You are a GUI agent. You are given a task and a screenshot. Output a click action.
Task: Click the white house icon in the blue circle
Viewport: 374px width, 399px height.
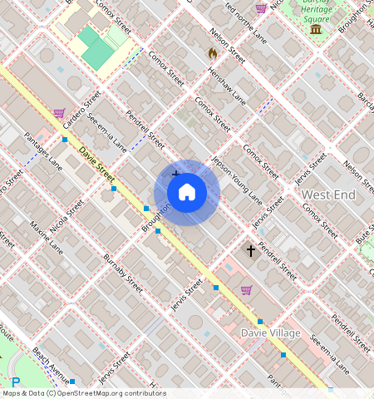pos(187,192)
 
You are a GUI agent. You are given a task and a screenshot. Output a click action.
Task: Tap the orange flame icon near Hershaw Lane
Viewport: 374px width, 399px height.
pos(212,53)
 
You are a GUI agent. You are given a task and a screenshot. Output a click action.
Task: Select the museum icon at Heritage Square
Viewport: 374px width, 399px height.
pos(316,30)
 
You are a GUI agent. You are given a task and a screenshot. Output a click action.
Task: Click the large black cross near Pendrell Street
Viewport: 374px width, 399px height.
pos(250,250)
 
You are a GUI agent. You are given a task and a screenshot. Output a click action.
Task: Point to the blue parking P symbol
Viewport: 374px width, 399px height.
pos(15,382)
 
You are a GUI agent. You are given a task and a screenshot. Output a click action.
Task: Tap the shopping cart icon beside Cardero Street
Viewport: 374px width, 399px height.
pos(59,113)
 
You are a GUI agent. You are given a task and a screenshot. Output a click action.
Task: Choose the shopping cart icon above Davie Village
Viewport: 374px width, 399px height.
pos(246,290)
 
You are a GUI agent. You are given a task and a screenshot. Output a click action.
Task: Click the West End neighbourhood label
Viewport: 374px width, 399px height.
pos(328,195)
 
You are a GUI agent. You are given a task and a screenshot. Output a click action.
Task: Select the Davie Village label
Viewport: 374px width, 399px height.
pos(270,332)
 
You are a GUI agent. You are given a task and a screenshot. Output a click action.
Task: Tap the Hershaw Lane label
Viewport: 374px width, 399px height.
pos(228,86)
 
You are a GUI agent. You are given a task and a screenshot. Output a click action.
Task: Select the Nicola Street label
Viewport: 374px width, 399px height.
pos(67,215)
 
